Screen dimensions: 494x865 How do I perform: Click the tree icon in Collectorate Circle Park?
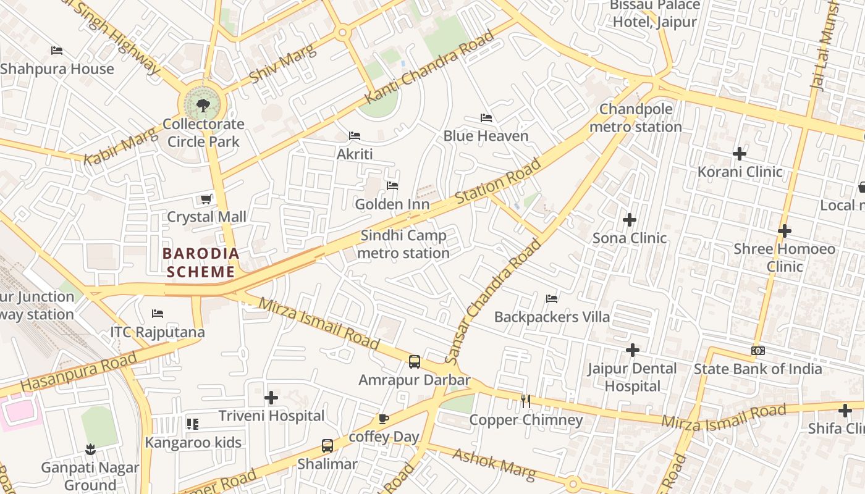coord(203,106)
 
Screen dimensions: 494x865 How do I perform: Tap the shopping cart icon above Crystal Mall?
coord(206,199)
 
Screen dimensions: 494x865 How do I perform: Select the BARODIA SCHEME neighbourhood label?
coord(201,262)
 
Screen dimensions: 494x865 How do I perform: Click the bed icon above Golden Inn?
coord(392,186)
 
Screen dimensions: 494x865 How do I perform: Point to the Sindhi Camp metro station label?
coord(403,245)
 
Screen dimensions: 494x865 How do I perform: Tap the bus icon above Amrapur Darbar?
coord(415,362)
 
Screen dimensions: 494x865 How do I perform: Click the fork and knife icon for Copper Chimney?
coord(526,401)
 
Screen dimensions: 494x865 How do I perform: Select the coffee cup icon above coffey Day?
coord(383,419)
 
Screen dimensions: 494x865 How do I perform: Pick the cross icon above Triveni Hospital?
coord(271,398)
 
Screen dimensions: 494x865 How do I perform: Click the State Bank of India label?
coord(757,369)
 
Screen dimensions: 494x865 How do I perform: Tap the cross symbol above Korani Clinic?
coord(740,153)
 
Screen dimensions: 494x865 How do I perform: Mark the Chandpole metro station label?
coord(635,118)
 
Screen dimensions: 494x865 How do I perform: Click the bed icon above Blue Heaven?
coord(486,118)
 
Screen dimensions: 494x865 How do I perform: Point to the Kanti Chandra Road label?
coord(430,67)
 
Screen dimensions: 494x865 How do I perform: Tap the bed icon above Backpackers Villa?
coord(552,299)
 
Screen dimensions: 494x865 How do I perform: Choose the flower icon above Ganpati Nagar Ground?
coord(90,449)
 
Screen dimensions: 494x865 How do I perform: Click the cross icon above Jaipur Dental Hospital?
coord(632,350)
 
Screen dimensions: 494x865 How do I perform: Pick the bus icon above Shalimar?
coord(327,445)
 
